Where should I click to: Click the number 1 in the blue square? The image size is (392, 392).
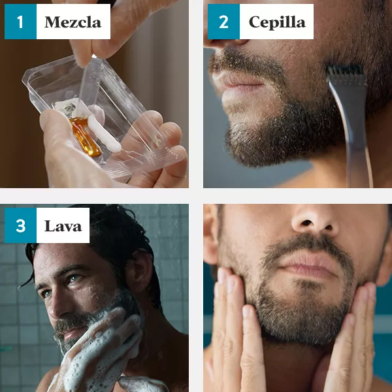(20, 22)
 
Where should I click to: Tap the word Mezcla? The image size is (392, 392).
(73, 22)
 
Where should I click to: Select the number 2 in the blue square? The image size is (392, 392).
(223, 22)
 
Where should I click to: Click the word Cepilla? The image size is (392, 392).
(277, 22)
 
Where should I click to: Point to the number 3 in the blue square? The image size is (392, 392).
(20, 225)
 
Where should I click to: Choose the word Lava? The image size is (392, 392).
(63, 226)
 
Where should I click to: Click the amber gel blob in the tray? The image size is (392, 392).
(85, 137)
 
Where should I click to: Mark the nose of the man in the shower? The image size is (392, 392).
(54, 306)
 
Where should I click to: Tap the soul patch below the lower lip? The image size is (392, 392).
(307, 284)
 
